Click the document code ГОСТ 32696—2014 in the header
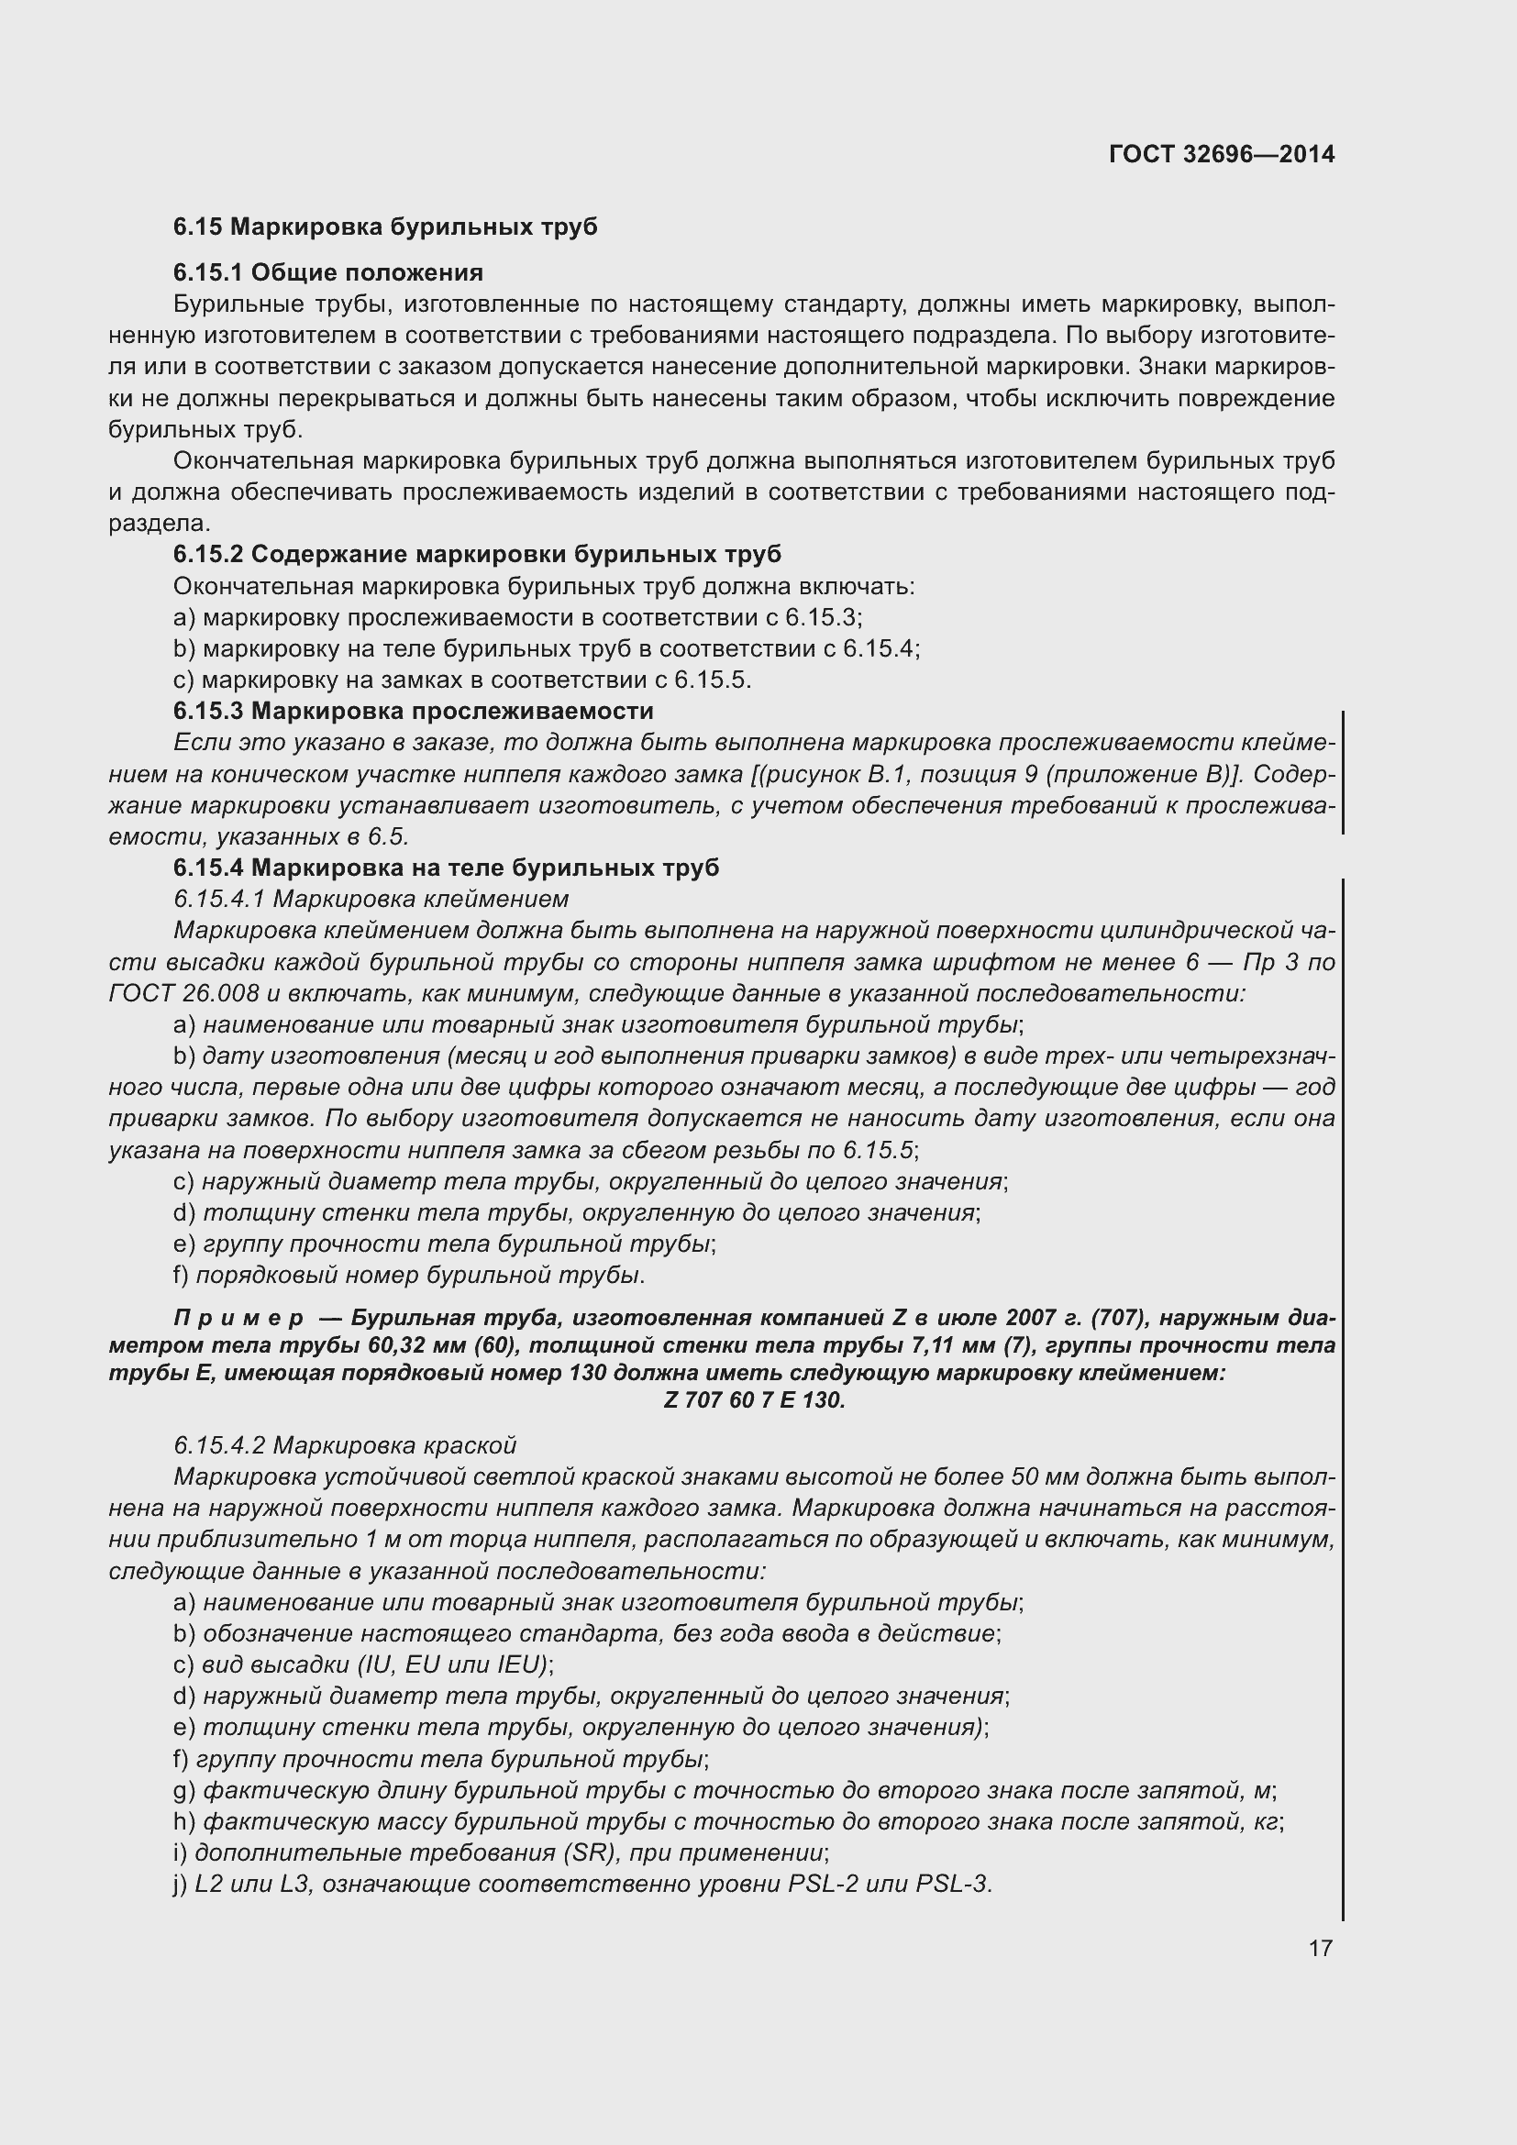click(x=1221, y=154)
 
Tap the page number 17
click(x=1320, y=1948)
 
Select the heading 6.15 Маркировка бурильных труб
click(x=385, y=227)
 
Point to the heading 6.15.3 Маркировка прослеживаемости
click(x=413, y=711)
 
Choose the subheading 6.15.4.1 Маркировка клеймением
click(x=371, y=899)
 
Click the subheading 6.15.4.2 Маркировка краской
click(x=345, y=1445)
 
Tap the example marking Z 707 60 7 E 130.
click(x=754, y=1400)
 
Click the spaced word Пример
click(x=238, y=1318)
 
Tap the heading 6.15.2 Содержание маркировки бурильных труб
click(x=476, y=555)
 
